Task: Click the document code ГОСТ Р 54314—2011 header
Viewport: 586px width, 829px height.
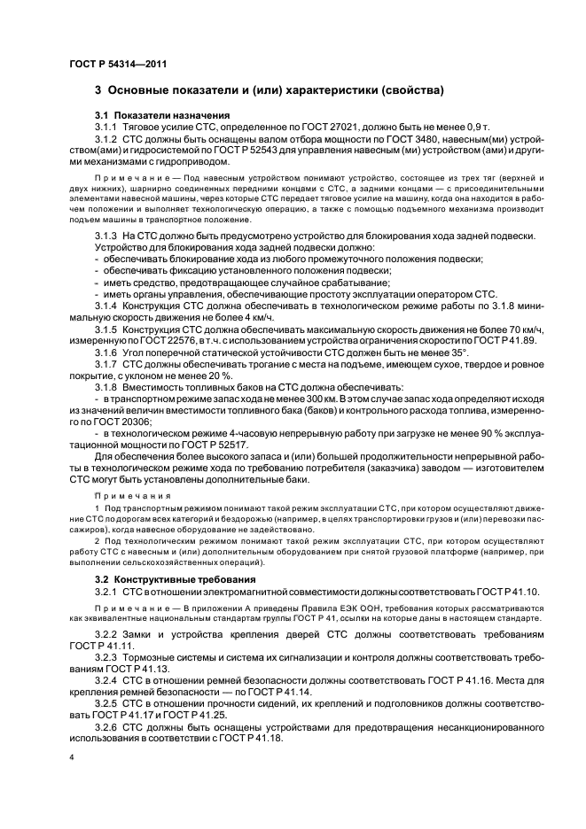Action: pos(117,65)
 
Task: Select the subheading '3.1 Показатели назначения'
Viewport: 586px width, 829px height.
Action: pos(150,116)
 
